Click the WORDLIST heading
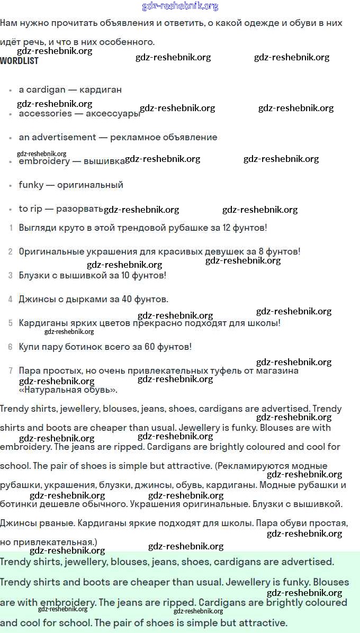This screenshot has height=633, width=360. click(x=19, y=61)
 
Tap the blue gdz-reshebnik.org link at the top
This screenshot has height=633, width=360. click(x=180, y=6)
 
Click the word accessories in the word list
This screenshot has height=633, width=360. click(x=45, y=114)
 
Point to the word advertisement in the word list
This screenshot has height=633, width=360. click(x=64, y=138)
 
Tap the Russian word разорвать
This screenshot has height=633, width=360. click(x=79, y=209)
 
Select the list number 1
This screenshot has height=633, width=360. click(x=11, y=228)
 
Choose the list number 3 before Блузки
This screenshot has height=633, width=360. click(x=11, y=276)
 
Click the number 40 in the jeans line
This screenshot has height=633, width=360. click(x=127, y=300)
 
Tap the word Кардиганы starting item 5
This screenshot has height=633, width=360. click(x=42, y=323)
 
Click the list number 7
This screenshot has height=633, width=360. click(x=11, y=371)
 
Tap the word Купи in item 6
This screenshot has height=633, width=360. click(x=30, y=347)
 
